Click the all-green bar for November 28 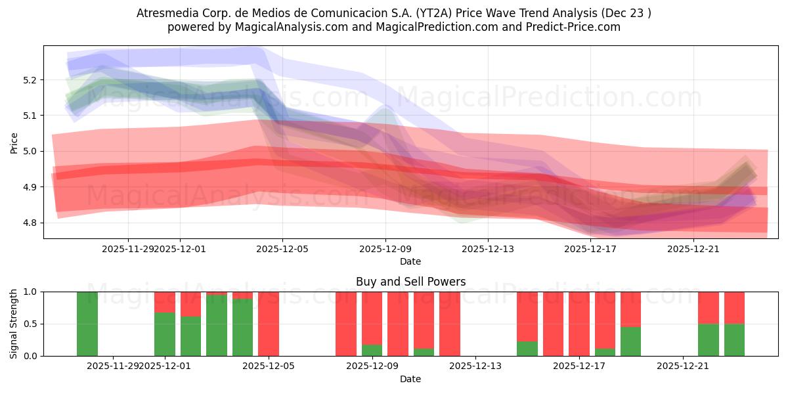[x=87, y=324]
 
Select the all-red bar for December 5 [x=269, y=324]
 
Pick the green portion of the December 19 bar [x=631, y=341]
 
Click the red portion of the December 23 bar [x=734, y=307]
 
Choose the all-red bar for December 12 [x=450, y=324]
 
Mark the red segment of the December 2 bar [x=191, y=304]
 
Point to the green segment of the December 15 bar [x=527, y=349]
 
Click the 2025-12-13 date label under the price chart [x=487, y=249]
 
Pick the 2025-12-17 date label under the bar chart [x=580, y=366]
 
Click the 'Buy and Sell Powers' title [x=410, y=282]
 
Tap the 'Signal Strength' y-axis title [x=14, y=324]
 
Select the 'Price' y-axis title [x=14, y=142]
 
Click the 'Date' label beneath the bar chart [x=410, y=379]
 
